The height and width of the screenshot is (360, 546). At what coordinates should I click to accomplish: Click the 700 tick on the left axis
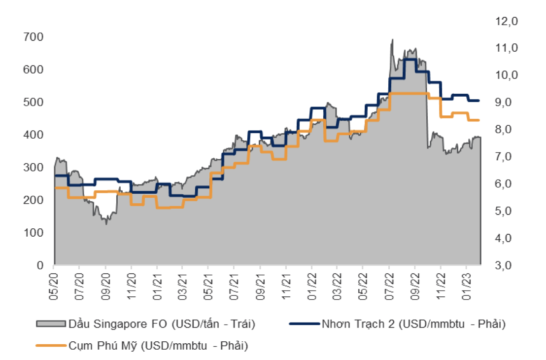click(x=33, y=37)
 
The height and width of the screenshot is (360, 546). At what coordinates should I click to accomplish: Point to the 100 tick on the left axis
click(x=33, y=233)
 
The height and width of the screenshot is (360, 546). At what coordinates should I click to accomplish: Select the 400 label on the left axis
click(x=33, y=135)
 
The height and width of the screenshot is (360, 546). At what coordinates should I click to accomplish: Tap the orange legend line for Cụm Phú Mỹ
click(x=51, y=346)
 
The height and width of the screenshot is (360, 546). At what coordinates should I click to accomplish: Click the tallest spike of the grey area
click(x=392, y=40)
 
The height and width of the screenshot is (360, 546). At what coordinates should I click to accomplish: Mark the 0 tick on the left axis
click(x=40, y=266)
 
